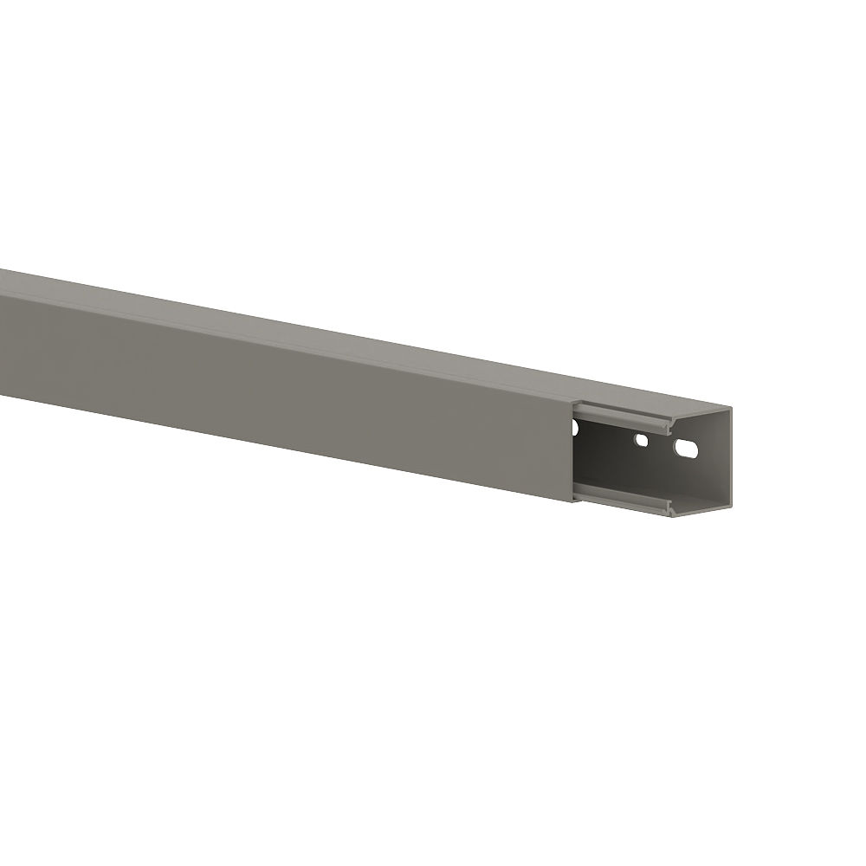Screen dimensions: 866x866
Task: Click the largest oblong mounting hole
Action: point(686,449)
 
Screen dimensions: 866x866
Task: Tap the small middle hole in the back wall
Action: point(641,440)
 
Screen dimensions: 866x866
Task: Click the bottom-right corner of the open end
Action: point(730,507)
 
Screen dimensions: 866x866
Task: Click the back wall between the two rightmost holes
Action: point(662,445)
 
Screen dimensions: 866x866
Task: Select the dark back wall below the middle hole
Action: point(641,468)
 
